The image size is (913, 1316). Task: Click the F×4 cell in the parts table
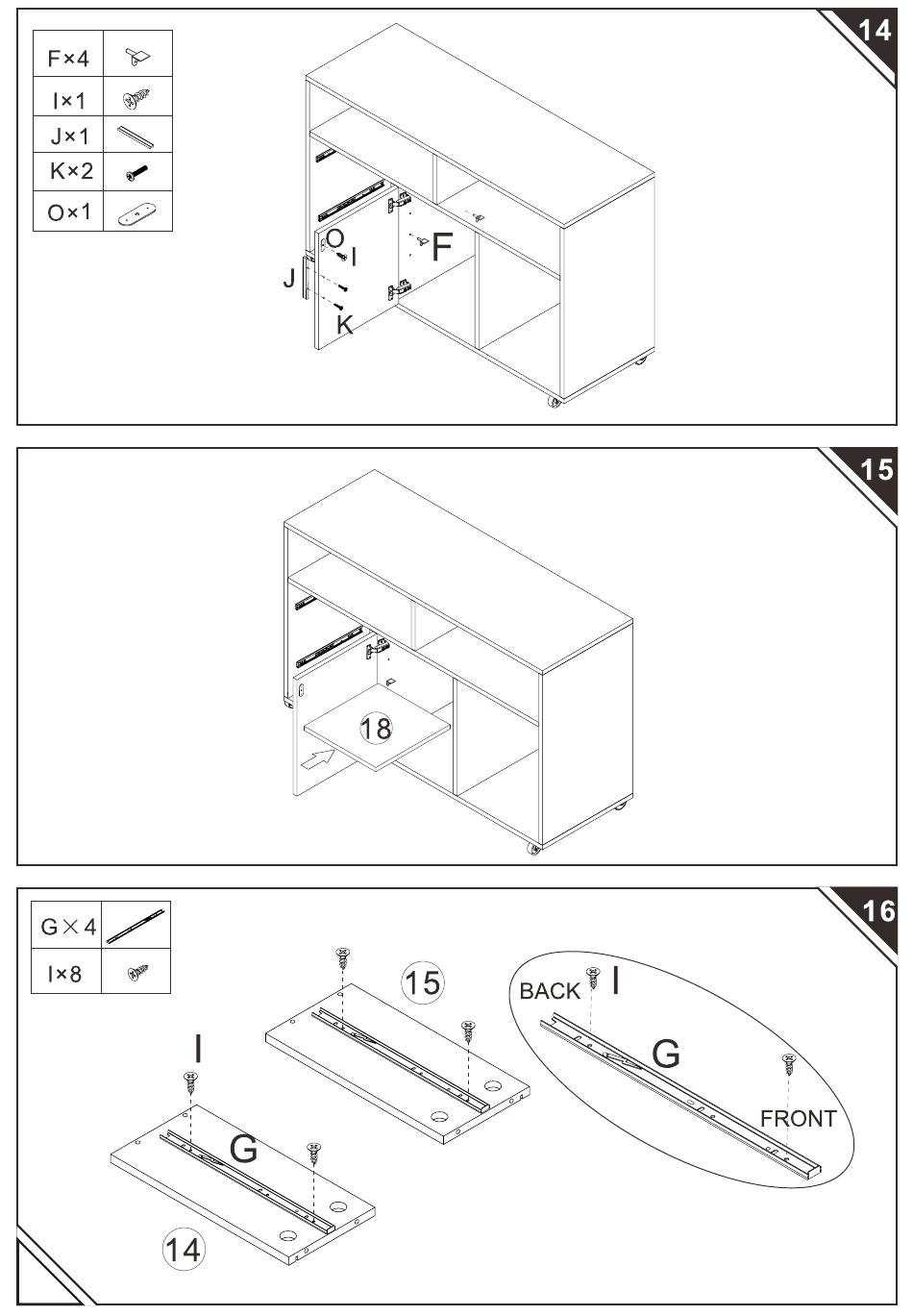tap(68, 59)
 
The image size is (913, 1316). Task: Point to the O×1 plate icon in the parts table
tap(136, 212)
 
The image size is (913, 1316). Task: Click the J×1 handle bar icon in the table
tap(136, 137)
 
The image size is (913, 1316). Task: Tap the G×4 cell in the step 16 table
tap(67, 927)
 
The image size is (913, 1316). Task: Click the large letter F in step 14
tap(442, 247)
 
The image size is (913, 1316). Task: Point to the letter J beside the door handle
tap(288, 277)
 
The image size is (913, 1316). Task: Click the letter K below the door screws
tap(345, 324)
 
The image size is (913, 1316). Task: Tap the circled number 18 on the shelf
tap(376, 729)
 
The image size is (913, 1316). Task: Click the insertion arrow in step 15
tap(317, 759)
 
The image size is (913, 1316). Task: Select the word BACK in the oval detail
tap(550, 991)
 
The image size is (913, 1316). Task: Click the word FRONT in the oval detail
tap(799, 1119)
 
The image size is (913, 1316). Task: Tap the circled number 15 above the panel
tap(423, 982)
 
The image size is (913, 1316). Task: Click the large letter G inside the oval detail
tap(666, 1054)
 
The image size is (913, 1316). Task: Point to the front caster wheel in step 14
tap(554, 402)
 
